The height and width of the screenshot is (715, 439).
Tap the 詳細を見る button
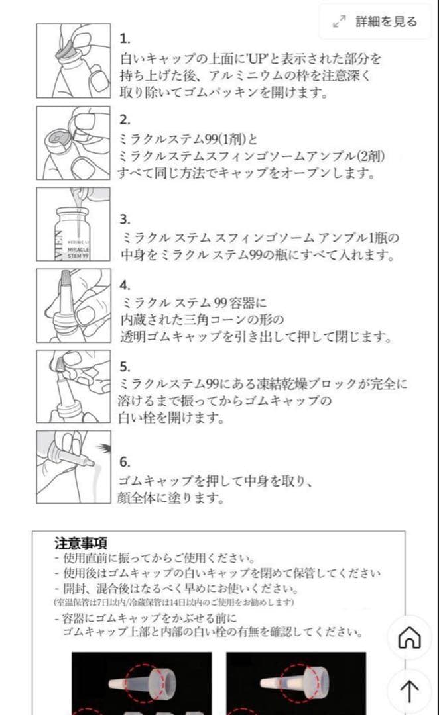click(x=376, y=22)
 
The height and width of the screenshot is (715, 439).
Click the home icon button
click(x=409, y=638)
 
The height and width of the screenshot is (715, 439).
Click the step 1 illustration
click(x=73, y=61)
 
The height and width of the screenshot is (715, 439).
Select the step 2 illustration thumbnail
click(x=73, y=142)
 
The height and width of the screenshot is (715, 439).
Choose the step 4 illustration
click(x=73, y=305)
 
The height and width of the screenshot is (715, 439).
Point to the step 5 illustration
click(x=73, y=387)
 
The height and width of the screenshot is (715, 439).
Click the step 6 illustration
click(x=73, y=467)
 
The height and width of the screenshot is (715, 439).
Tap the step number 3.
click(x=125, y=220)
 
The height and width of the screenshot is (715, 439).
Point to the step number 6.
click(x=125, y=462)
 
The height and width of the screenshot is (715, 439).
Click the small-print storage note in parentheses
click(x=174, y=603)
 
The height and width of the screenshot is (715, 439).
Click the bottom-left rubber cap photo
click(x=141, y=682)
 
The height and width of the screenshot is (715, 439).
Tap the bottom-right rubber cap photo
click(x=296, y=682)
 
